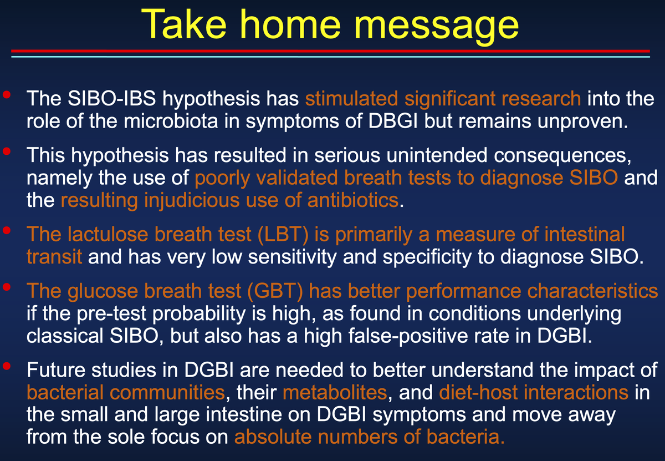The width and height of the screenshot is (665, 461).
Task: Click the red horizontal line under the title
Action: click(x=330, y=51)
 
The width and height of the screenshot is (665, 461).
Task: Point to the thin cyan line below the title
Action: click(x=330, y=57)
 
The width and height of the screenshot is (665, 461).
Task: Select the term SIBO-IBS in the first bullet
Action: click(x=111, y=98)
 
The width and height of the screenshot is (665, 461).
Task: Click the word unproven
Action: click(x=582, y=122)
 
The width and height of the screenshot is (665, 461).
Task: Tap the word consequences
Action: click(x=562, y=156)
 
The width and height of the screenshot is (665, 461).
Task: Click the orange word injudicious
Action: click(x=192, y=200)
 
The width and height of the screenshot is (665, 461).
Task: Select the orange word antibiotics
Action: click(x=352, y=200)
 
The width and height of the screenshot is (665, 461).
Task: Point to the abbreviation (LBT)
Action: click(x=283, y=235)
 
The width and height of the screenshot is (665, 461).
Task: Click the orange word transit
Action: click(x=54, y=256)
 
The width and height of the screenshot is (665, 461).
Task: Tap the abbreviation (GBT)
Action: click(x=275, y=291)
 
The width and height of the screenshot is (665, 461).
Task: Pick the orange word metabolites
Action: click(x=335, y=392)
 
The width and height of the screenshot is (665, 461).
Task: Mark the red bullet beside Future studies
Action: click(x=7, y=366)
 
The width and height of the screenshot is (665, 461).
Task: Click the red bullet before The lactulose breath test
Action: click(x=7, y=230)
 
